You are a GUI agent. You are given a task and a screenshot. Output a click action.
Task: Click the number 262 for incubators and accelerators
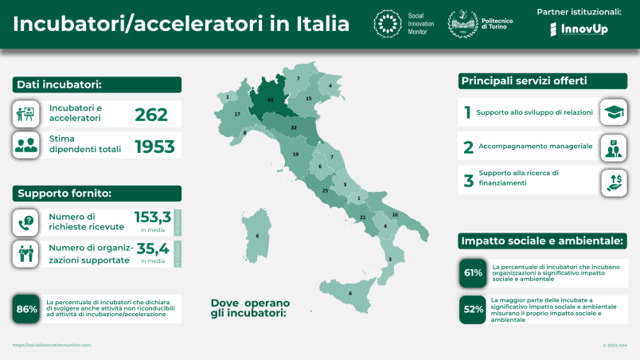(x=151, y=115)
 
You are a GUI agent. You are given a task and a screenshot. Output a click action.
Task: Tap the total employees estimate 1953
(x=154, y=146)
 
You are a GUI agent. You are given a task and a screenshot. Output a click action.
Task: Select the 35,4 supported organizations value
(x=153, y=248)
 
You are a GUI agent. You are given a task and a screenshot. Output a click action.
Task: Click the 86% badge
(x=27, y=309)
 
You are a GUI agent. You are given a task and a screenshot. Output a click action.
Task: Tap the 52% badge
(x=474, y=309)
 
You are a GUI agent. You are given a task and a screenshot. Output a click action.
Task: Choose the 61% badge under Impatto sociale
(x=474, y=272)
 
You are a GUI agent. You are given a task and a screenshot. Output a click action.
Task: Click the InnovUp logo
(x=579, y=29)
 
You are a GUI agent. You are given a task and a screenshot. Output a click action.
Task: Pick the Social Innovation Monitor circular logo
(x=388, y=24)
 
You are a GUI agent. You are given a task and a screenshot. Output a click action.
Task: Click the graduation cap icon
(x=613, y=112)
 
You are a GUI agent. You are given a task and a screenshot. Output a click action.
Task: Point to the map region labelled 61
(x=271, y=100)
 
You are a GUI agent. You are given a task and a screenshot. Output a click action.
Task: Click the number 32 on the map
(x=294, y=127)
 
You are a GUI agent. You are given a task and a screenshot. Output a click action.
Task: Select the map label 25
(x=325, y=190)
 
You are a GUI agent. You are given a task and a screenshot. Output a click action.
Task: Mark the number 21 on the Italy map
(x=363, y=217)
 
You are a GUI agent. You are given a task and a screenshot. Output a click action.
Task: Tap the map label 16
(x=395, y=215)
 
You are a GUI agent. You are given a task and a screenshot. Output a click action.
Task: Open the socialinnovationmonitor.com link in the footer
(x=52, y=345)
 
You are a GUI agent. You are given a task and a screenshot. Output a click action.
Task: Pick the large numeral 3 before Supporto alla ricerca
(x=468, y=181)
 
